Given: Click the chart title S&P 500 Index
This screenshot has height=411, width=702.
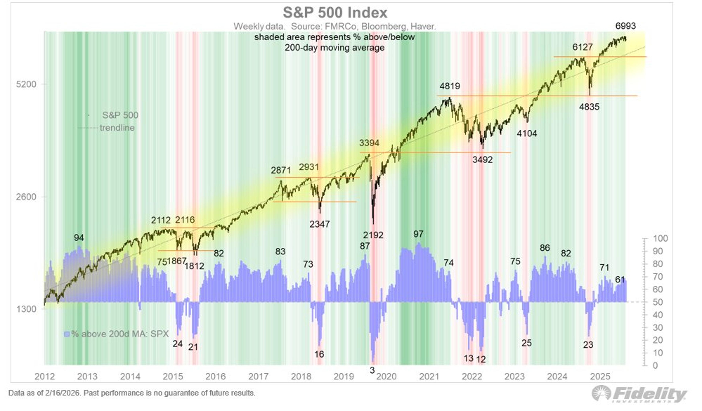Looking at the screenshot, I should click(335, 13).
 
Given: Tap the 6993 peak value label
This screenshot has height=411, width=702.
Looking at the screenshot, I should click(625, 26).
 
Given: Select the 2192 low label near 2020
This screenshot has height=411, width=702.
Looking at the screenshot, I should click(373, 235).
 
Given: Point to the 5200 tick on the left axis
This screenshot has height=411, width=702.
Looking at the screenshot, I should click(26, 84).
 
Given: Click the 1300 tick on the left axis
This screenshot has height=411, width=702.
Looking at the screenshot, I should click(26, 309).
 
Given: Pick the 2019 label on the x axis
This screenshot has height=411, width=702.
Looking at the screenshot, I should click(344, 376).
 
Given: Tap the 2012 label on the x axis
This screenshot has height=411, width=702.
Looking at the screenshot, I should click(45, 376).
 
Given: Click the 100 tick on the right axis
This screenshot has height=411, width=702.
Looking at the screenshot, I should click(660, 239).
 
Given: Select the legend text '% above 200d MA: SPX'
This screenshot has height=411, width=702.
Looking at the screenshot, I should click(120, 334).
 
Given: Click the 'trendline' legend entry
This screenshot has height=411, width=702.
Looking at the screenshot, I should click(117, 128).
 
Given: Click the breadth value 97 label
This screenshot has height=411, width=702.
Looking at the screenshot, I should click(418, 234).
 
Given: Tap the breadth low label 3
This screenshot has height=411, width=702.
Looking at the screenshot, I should click(372, 370).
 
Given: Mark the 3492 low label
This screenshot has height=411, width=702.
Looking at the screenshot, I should click(482, 160).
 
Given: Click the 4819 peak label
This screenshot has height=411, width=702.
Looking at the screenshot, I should click(450, 86).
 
